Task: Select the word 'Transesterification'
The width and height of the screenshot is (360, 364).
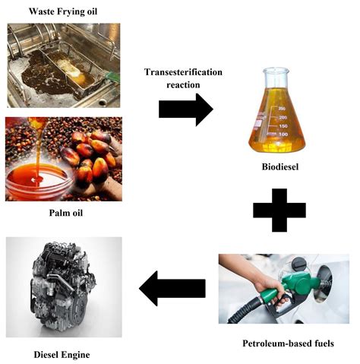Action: pyautogui.click(x=184, y=71)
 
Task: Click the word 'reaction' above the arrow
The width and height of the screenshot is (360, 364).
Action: pyautogui.click(x=184, y=84)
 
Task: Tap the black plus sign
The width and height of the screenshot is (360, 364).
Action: pyautogui.click(x=279, y=207)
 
